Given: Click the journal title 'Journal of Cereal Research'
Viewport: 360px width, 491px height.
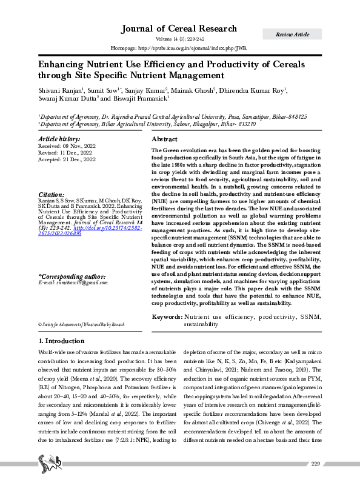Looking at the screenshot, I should point(179,29).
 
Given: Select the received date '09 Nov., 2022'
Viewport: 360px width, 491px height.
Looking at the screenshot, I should point(78,146).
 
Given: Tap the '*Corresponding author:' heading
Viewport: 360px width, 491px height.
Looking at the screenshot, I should point(72,276).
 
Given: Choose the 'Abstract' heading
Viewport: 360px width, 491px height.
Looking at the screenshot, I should point(167,139).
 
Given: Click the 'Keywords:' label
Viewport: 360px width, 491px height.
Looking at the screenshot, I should point(166,317).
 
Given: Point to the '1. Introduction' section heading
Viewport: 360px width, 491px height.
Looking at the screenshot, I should point(61,341).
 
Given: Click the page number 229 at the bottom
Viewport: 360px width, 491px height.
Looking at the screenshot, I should point(315,481).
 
